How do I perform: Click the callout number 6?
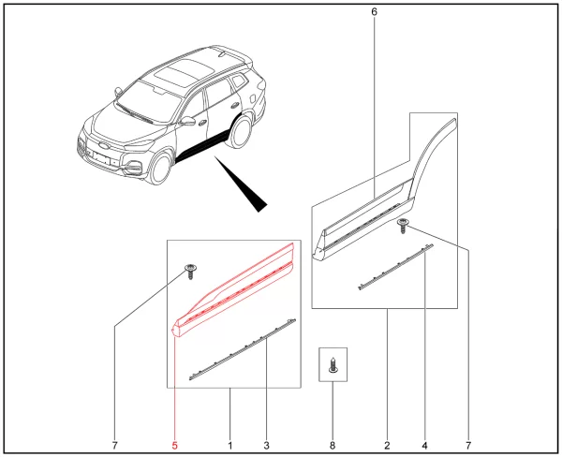tap(374, 12)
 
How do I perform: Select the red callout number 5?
tap(175, 446)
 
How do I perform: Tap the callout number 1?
tap(230, 446)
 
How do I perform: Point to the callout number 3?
tap(266, 446)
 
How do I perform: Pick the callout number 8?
tap(333, 446)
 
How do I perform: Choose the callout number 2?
tap(387, 446)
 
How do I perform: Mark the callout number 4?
tap(424, 446)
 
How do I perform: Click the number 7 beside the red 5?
tap(114, 446)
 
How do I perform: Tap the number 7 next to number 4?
tap(468, 446)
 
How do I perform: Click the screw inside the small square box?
tap(333, 365)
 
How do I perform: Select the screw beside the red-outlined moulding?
tap(191, 272)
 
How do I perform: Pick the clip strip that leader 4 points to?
tap(395, 267)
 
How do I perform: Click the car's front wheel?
tap(159, 169)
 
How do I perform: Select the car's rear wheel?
tap(240, 131)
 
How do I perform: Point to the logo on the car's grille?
tap(103, 145)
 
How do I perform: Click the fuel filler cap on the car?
tap(253, 97)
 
